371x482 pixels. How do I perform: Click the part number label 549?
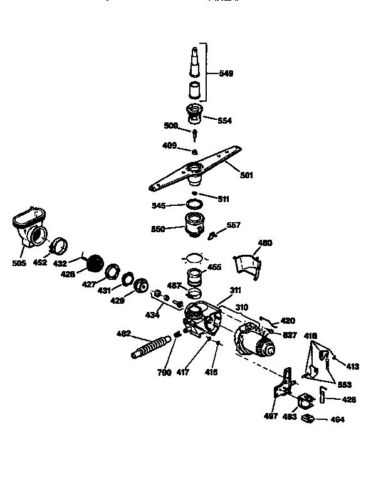tap(226, 73)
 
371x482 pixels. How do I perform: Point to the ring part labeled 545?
tap(195, 205)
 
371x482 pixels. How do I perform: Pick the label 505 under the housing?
tap(19, 263)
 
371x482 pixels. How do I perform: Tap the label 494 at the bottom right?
tap(337, 419)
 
